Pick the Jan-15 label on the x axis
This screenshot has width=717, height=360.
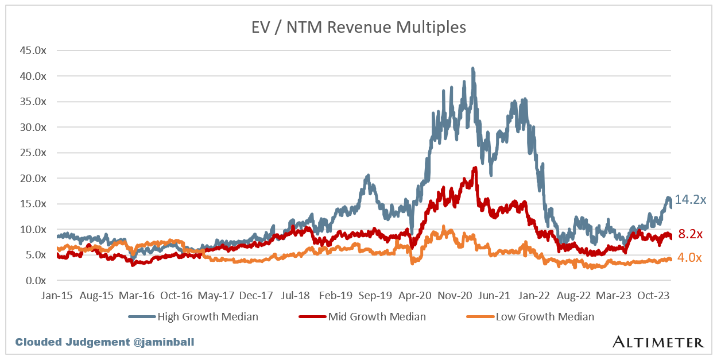(57, 296)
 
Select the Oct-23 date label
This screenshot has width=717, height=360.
(654, 296)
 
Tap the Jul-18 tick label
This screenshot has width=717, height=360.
(296, 296)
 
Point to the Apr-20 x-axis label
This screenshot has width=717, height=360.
(415, 296)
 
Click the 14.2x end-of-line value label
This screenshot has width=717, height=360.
(690, 200)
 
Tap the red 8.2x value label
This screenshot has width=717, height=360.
(689, 234)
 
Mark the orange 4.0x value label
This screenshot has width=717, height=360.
(689, 258)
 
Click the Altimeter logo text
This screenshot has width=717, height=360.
(658, 342)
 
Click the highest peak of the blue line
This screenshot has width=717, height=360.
(472, 68)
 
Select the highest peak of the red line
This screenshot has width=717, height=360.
(475, 168)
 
